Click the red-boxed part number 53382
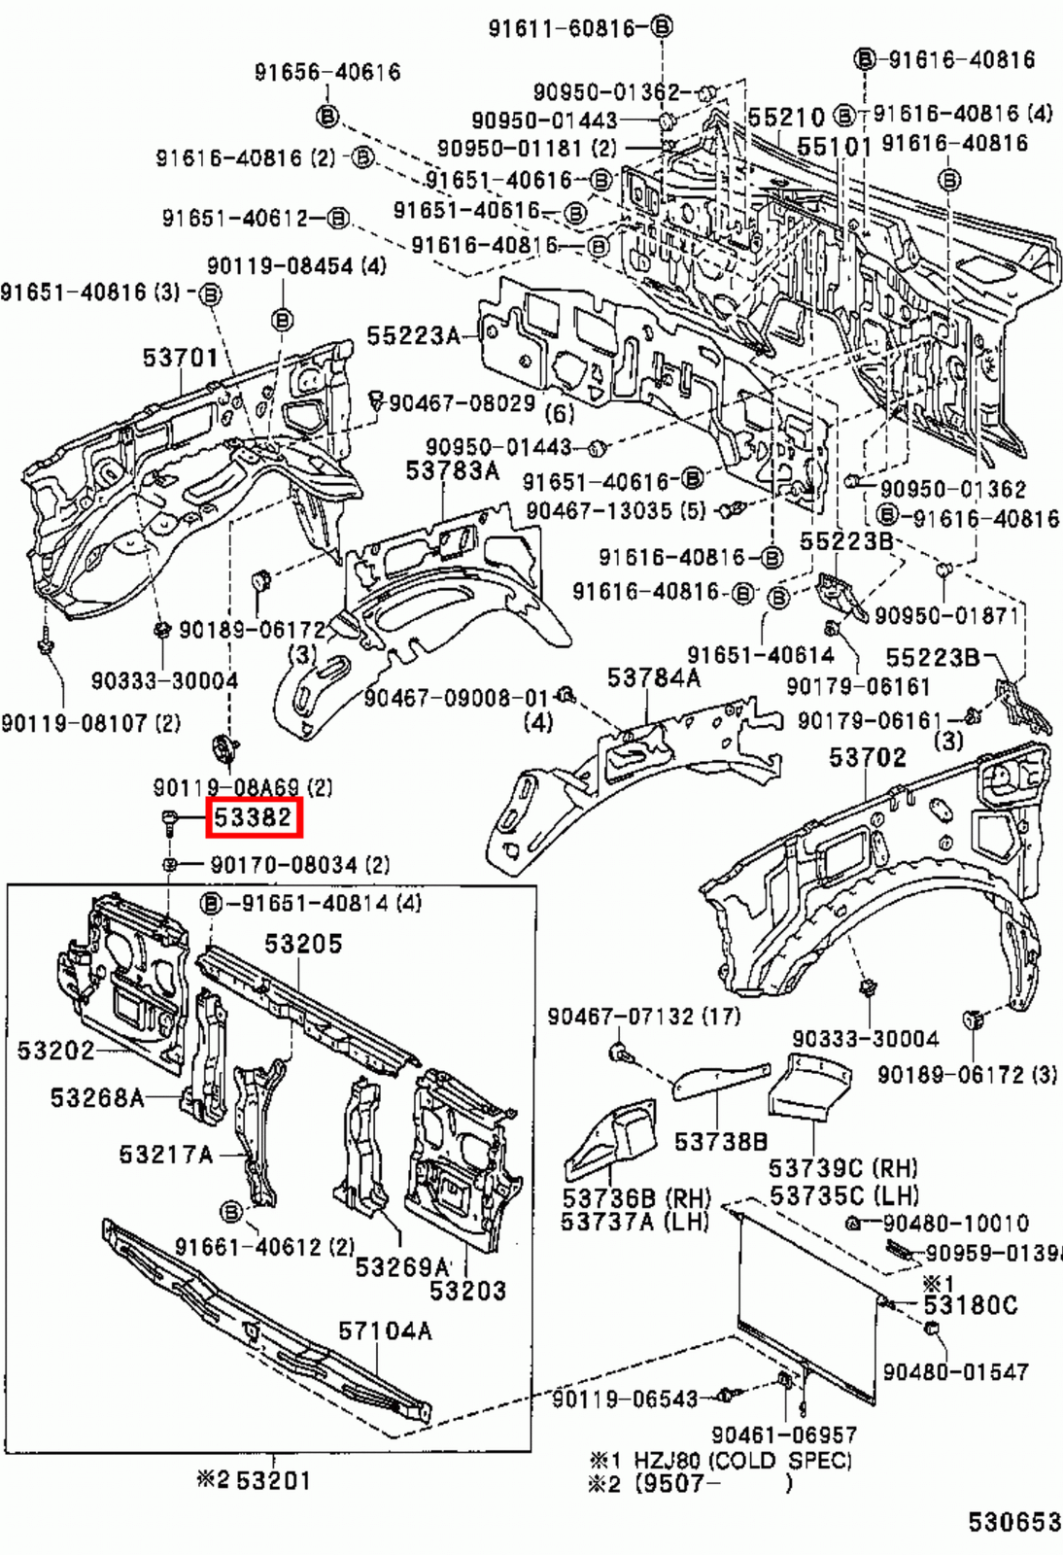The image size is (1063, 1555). [x=254, y=818]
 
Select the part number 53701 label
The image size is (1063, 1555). [x=181, y=358]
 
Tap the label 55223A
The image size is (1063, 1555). [x=413, y=335]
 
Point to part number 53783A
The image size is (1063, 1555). [x=452, y=470]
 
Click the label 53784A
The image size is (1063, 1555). [x=653, y=677]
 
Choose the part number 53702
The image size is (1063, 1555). [x=867, y=756]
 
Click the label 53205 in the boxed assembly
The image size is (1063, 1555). [x=303, y=944]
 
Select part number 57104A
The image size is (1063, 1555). [x=385, y=1330]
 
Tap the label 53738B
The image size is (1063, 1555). [x=721, y=1141]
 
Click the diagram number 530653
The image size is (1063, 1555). [x=1013, y=1521]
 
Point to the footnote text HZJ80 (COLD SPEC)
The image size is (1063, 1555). [x=742, y=1460]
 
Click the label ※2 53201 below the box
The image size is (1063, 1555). [x=254, y=1480]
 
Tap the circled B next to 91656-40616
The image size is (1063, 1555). [x=327, y=118]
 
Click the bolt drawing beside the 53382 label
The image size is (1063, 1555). [x=168, y=821]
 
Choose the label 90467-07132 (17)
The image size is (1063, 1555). [x=643, y=1017]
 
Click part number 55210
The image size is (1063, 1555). [x=786, y=119]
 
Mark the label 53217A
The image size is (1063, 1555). [x=165, y=1154]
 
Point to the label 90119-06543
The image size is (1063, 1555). [x=625, y=1399]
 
